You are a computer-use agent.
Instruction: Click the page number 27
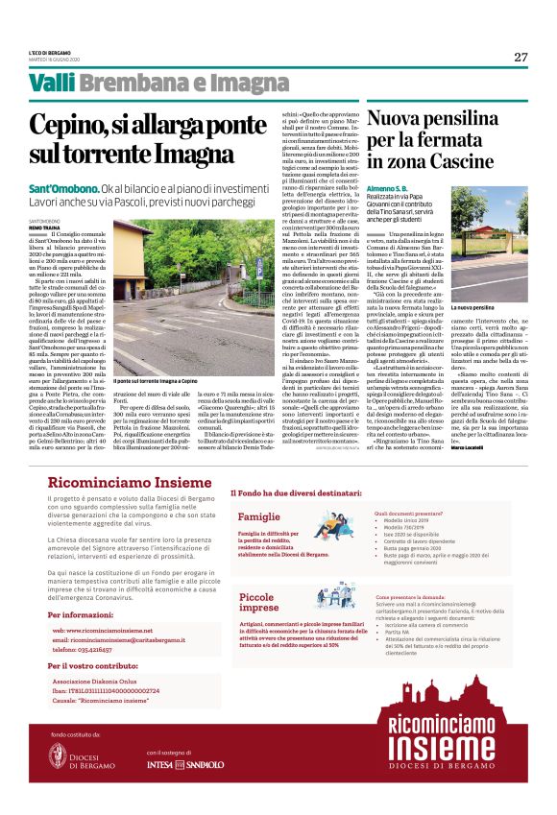click(521, 57)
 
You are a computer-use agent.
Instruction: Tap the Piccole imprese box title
click(258, 603)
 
